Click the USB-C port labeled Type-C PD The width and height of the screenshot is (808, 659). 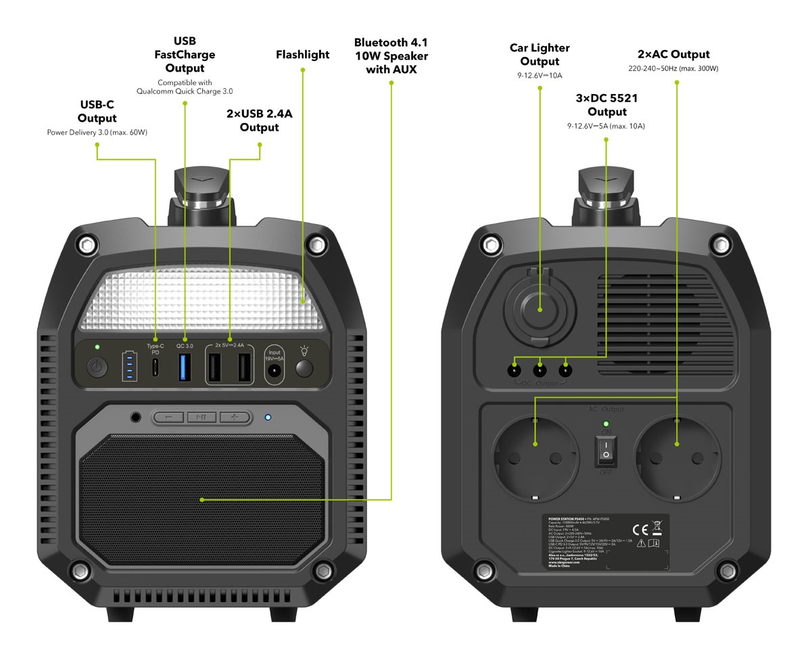[156, 367]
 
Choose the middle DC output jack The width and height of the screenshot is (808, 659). [540, 369]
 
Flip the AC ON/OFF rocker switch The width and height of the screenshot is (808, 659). [607, 449]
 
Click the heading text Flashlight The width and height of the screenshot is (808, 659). [302, 55]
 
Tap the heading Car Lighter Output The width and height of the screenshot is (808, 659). [540, 55]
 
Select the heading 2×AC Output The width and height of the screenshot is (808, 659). [673, 54]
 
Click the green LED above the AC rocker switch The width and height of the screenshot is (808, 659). [607, 424]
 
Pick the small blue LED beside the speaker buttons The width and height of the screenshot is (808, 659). [268, 417]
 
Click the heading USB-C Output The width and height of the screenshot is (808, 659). [97, 112]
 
